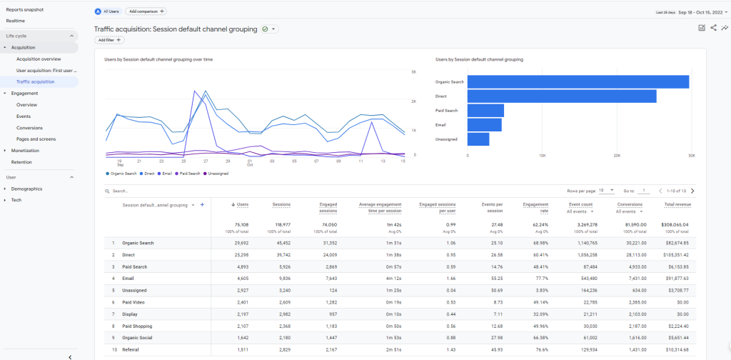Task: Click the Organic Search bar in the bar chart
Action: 578,82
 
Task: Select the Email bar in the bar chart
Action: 484,125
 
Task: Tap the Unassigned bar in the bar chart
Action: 478,139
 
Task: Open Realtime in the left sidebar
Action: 16,21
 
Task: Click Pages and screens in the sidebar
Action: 36,139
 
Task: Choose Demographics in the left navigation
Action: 26,189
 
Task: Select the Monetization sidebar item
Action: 25,151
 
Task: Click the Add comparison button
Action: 146,11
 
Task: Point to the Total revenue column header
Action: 677,205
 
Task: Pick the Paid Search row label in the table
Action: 134,266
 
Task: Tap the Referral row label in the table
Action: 131,349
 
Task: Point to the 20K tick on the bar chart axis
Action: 617,155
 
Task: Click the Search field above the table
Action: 143,191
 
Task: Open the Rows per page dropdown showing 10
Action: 606,191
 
